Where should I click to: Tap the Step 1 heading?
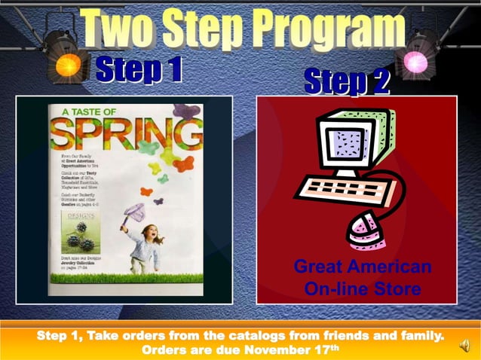click(139, 70)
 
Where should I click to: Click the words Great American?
click(362, 267)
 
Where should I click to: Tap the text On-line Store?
click(362, 289)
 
